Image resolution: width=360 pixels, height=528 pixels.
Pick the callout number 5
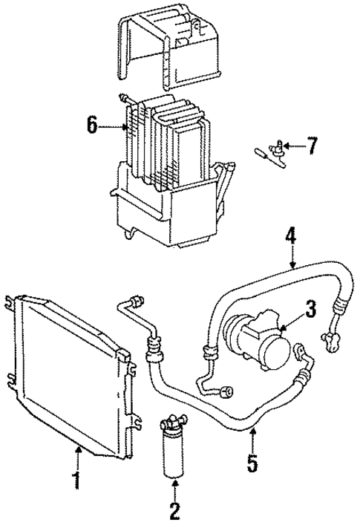click(x=252, y=465)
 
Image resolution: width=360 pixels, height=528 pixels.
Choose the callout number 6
click(x=92, y=125)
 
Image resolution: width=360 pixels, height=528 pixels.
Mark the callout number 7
click(x=312, y=146)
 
